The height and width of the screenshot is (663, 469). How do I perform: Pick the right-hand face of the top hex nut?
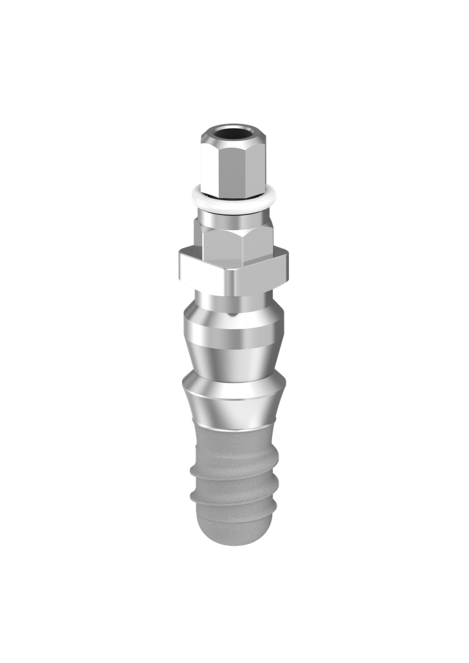coord(254,165)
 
